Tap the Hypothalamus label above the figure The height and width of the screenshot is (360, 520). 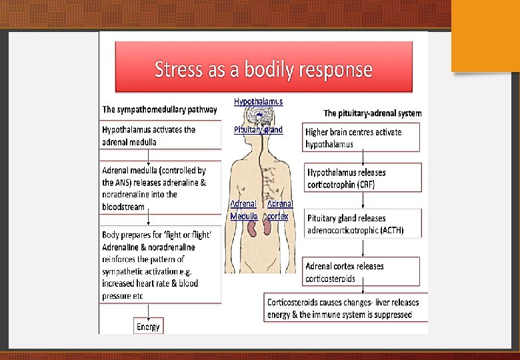pos(258,101)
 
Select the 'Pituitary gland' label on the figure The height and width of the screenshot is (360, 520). pos(258,130)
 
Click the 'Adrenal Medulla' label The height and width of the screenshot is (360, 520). pos(243,210)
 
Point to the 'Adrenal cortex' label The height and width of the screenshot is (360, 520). pos(279,210)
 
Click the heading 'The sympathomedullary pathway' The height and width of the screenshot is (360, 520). pos(159,109)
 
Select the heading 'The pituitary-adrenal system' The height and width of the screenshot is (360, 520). pos(372,113)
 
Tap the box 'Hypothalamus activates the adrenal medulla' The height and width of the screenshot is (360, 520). pos(161,136)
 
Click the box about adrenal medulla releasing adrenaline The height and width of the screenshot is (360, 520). pos(161,188)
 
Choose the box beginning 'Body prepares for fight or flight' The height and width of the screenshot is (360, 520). pos(161,265)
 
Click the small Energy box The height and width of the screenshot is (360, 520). pos(148,327)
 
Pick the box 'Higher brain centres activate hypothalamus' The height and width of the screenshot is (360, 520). pos(361,138)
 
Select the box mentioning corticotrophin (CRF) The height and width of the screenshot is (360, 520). pos(363,178)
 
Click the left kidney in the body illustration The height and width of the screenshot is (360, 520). pos(253,227)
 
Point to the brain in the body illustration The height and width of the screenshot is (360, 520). pos(258,115)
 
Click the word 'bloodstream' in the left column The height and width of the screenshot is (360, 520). pos(123,207)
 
